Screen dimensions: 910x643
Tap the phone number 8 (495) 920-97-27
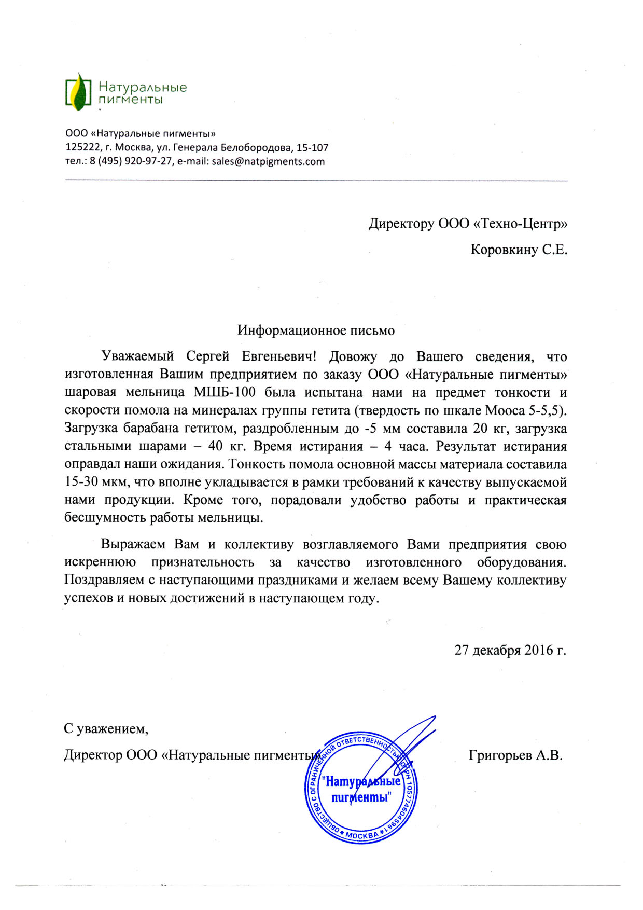(x=131, y=161)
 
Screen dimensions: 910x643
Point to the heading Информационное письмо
(x=316, y=330)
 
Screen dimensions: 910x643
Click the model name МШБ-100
(x=225, y=392)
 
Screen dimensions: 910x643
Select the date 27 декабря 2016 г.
(x=510, y=650)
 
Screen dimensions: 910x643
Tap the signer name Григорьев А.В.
(x=515, y=755)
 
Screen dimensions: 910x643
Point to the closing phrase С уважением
(x=106, y=729)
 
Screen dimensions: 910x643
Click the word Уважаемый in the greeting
(x=137, y=357)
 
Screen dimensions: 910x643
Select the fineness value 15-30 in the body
(x=81, y=482)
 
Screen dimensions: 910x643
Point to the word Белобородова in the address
(x=265, y=148)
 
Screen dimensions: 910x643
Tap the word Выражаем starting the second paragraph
(x=133, y=545)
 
